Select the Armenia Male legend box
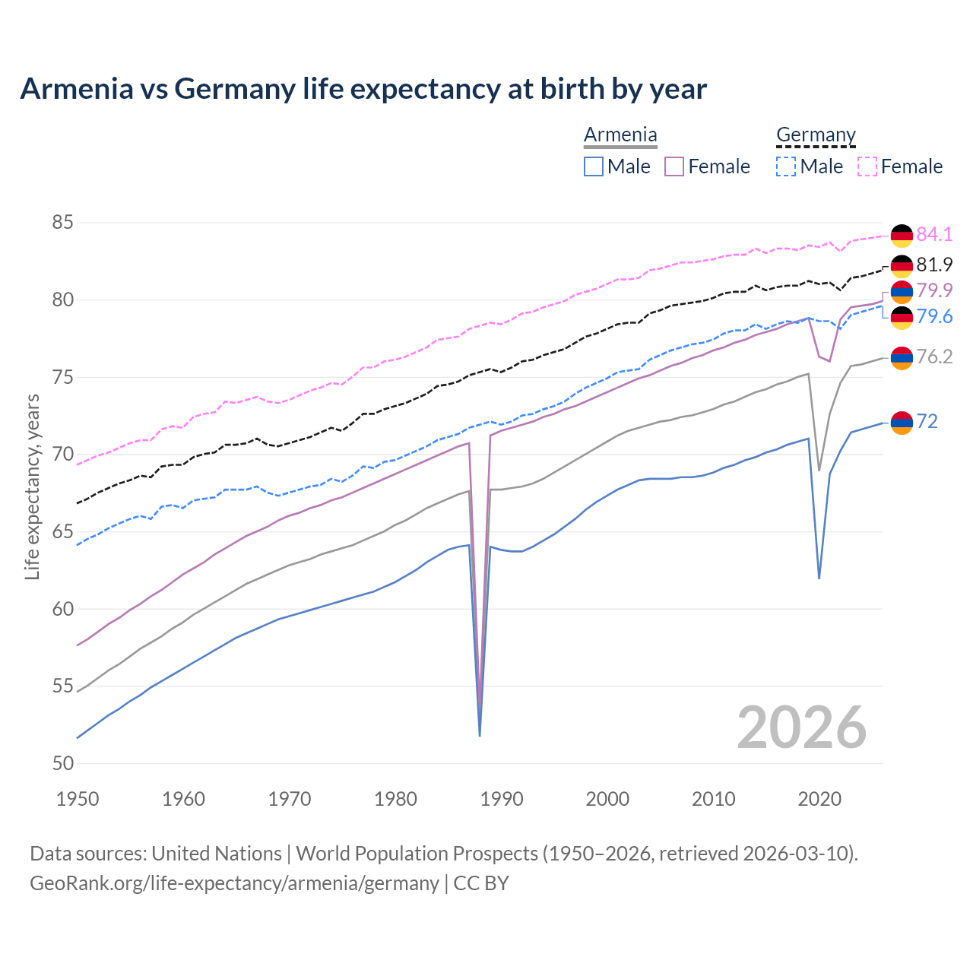coord(594,166)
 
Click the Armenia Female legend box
coord(674,166)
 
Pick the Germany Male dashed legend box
coord(786,166)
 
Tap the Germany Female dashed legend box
coord(867,166)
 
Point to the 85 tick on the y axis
coord(62,223)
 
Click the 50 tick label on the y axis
coord(62,763)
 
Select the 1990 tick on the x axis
coord(502,799)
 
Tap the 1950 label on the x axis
coord(78,799)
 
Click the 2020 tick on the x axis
coord(819,799)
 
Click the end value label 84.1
coord(934,234)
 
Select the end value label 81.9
coord(934,265)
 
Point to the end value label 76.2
coord(934,357)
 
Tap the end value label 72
coord(927,421)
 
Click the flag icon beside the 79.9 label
coord(902,291)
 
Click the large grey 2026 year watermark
coord(802,727)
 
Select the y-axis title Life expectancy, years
coord(32,486)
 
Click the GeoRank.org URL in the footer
coord(234,883)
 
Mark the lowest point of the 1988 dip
coord(480,735)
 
